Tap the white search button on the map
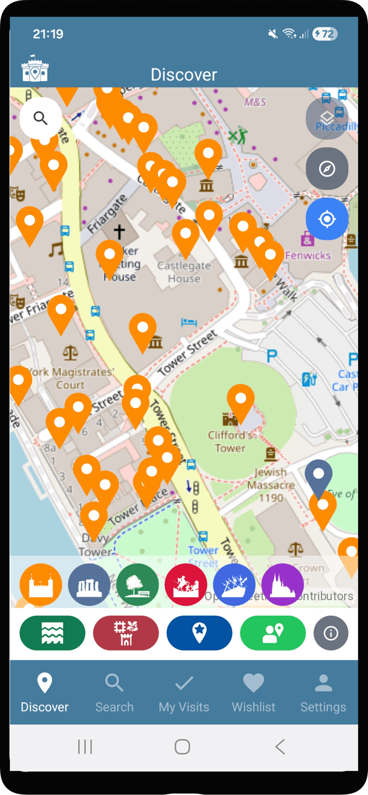(x=40, y=118)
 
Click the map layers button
(x=327, y=119)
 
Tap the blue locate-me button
(x=327, y=219)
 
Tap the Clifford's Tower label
(x=230, y=441)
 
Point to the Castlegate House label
(x=184, y=272)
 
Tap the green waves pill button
(x=52, y=633)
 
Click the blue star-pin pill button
(x=200, y=633)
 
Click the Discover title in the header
(x=184, y=75)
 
